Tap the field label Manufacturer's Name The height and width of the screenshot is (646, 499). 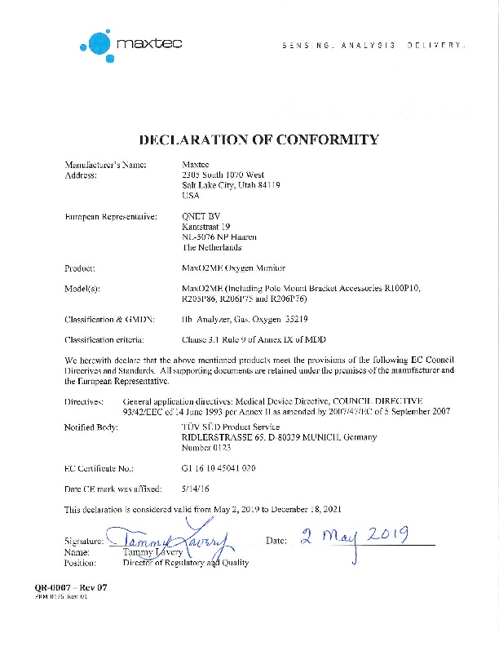[105, 165]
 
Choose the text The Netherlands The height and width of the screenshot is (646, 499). [213, 248]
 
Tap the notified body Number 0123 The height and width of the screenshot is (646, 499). [207, 448]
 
